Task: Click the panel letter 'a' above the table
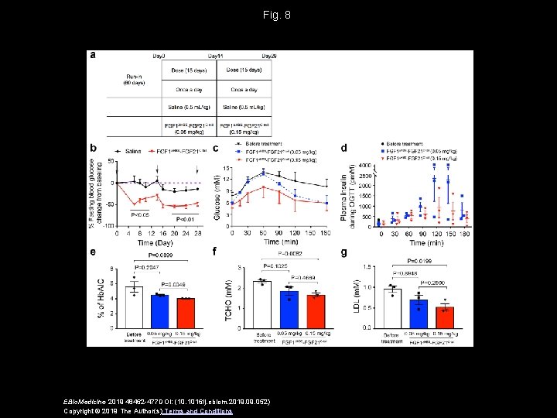tap(93, 55)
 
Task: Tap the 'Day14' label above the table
tap(217, 57)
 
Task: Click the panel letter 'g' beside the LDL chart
tap(344, 252)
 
